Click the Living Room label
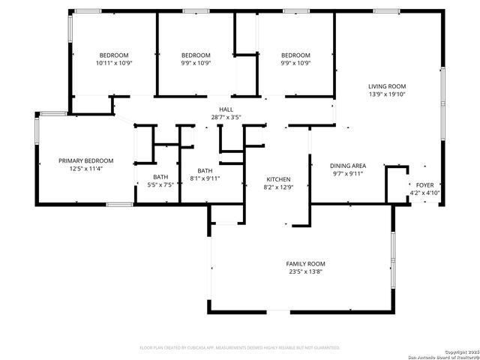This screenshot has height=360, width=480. (x=386, y=86)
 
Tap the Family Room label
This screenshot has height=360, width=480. (x=305, y=264)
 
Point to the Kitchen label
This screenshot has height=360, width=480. (x=278, y=179)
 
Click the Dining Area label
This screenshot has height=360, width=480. (x=348, y=165)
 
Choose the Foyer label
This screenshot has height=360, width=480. (x=424, y=184)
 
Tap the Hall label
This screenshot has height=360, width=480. (x=226, y=109)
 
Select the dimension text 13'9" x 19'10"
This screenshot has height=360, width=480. (x=386, y=94)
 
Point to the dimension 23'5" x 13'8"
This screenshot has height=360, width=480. (x=305, y=272)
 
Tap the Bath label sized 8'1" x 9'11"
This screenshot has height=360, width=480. (x=205, y=170)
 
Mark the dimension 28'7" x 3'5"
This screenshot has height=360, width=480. (x=226, y=118)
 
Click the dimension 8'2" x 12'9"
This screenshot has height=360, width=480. (x=278, y=187)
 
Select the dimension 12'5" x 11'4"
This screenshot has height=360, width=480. (x=86, y=169)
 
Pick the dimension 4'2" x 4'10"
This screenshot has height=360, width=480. (x=424, y=193)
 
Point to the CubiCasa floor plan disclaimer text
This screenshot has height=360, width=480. (x=240, y=347)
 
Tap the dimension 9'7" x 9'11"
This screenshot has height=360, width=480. (x=348, y=173)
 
